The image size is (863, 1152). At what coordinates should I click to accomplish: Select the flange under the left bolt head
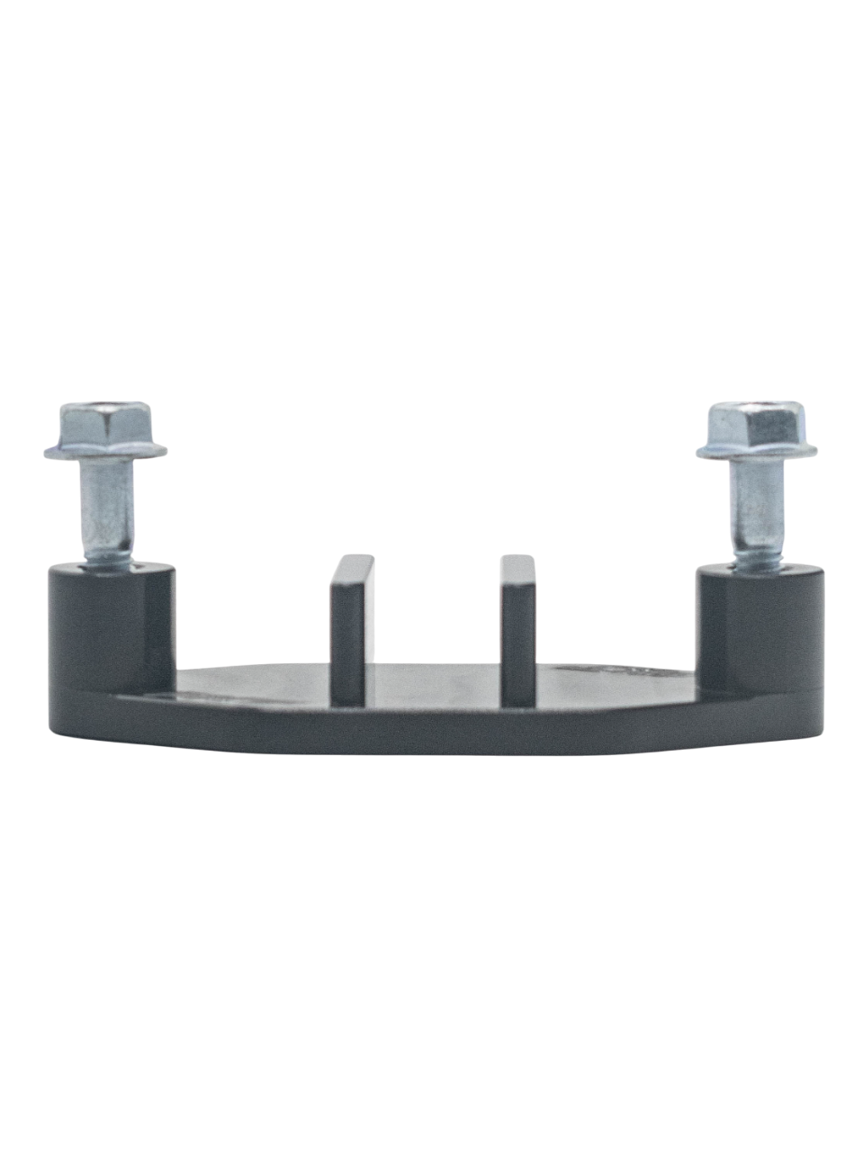point(105,449)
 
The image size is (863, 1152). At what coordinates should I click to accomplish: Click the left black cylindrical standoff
point(108,630)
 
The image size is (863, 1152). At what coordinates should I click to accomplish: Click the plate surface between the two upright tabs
point(434,684)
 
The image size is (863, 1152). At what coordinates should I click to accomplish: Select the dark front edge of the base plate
point(432,733)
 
